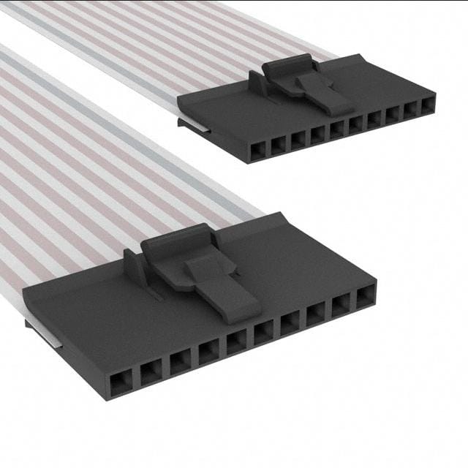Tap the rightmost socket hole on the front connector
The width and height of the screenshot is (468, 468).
(365, 298)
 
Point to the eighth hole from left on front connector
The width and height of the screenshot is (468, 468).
(315, 315)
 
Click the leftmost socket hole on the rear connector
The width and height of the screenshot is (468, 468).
(257, 151)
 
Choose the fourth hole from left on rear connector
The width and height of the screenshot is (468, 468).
(317, 135)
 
